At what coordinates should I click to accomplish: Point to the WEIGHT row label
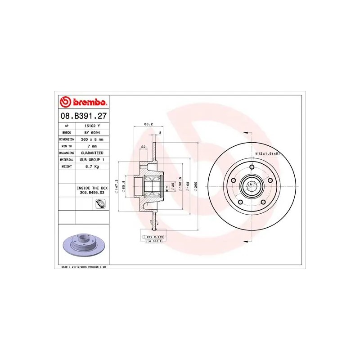pyautogui.click(x=67, y=166)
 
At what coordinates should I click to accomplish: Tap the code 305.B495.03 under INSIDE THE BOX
pyautogui.click(x=92, y=192)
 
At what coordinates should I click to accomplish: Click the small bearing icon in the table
pyautogui.click(x=100, y=205)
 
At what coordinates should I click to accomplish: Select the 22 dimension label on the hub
pyautogui.click(x=143, y=147)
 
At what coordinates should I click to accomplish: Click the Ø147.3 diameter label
pyautogui.click(x=117, y=185)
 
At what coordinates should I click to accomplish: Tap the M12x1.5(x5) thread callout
pyautogui.click(x=268, y=154)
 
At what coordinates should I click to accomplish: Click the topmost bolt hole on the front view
pyautogui.click(x=252, y=167)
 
